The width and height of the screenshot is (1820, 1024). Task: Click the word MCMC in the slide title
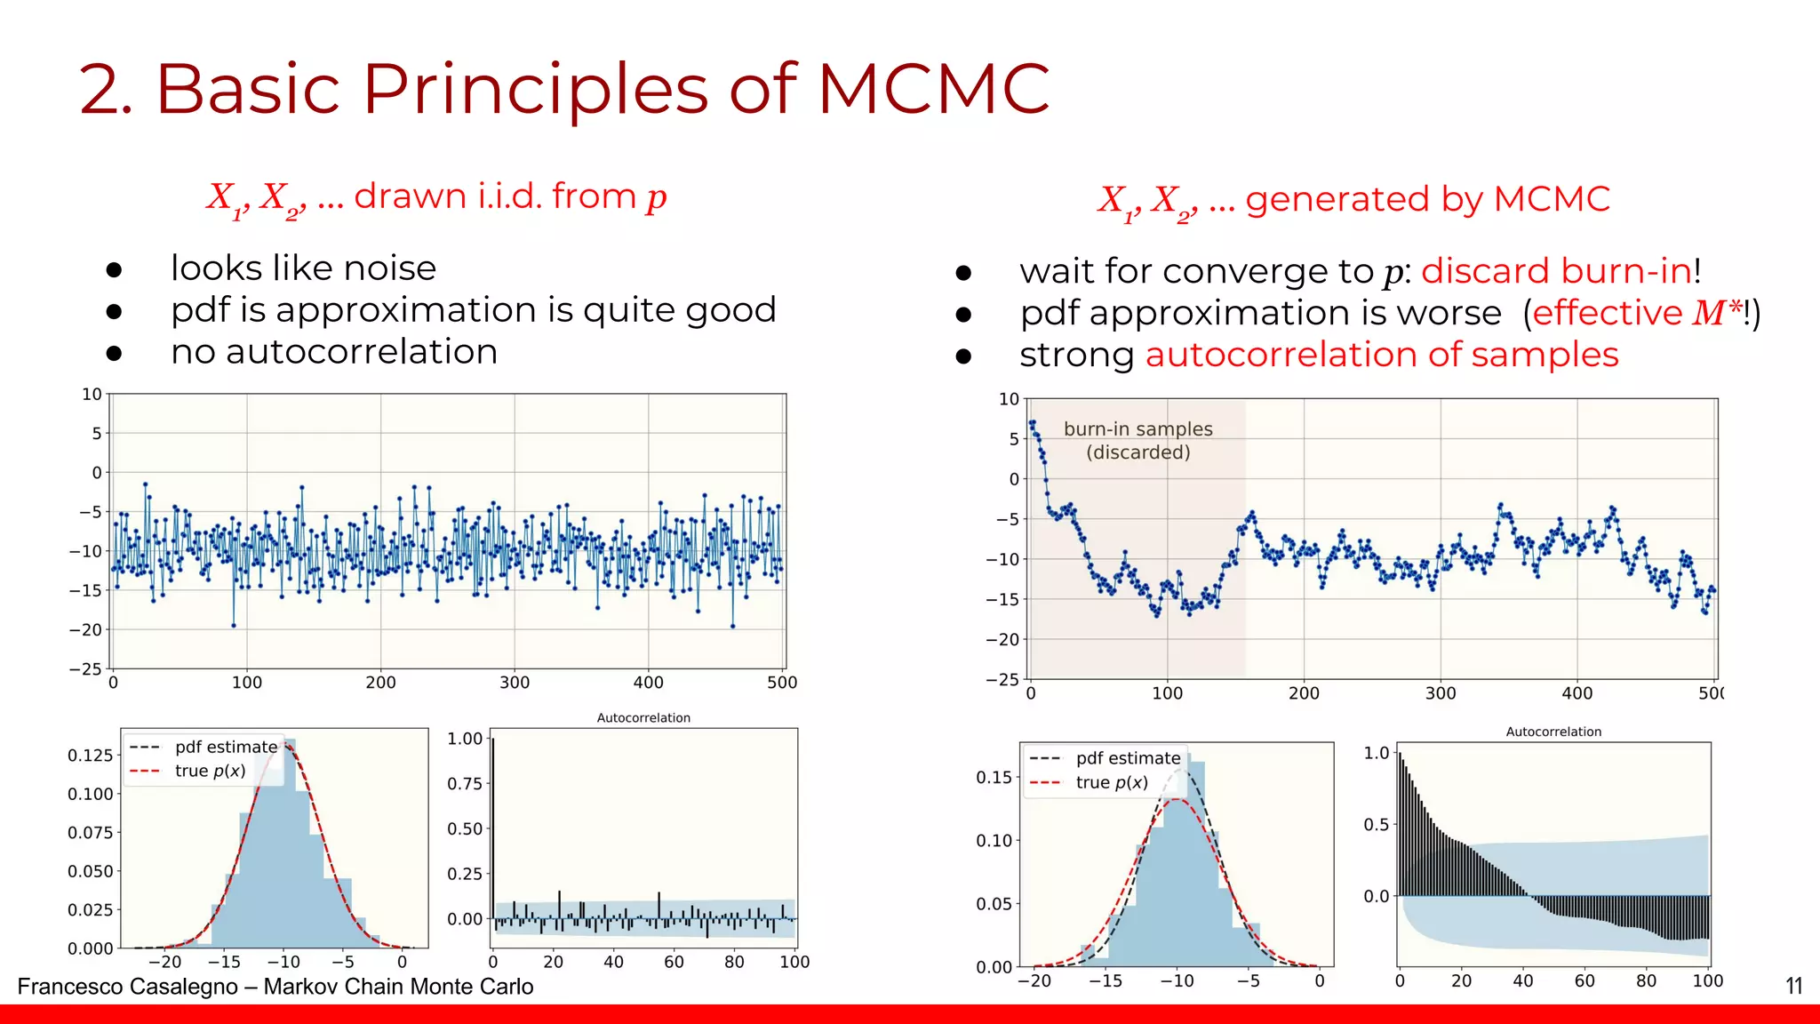pyautogui.click(x=932, y=89)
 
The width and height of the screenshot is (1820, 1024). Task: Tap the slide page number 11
pyautogui.click(x=1793, y=986)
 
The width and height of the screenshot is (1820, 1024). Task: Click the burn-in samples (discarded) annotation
pyautogui.click(x=1137, y=440)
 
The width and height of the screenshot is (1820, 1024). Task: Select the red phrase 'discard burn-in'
pyautogui.click(x=1555, y=271)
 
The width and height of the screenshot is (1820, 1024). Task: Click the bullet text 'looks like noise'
pyautogui.click(x=303, y=268)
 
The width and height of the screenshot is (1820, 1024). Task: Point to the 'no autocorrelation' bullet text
pyautogui.click(x=333, y=352)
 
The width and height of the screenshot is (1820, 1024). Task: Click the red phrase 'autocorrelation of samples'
pyautogui.click(x=1382, y=355)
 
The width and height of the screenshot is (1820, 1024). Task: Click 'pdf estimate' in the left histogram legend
pyautogui.click(x=226, y=747)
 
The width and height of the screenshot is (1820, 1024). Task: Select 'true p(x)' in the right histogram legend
pyautogui.click(x=1111, y=782)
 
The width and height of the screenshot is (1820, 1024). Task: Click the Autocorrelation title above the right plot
pyautogui.click(x=1553, y=732)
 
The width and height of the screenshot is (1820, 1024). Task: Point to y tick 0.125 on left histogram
pyautogui.click(x=90, y=756)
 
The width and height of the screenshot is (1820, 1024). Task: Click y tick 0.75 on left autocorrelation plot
pyautogui.click(x=464, y=784)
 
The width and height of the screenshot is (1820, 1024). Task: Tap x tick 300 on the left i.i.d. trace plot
pyautogui.click(x=515, y=683)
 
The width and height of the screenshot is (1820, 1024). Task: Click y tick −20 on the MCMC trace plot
pyautogui.click(x=1002, y=639)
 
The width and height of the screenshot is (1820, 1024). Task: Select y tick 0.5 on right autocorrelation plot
pyautogui.click(x=1376, y=825)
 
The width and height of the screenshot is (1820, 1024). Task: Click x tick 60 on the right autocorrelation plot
pyautogui.click(x=1584, y=980)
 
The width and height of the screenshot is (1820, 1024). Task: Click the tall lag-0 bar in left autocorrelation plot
pyautogui.click(x=493, y=827)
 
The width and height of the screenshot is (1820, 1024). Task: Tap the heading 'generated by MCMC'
pyautogui.click(x=1427, y=199)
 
